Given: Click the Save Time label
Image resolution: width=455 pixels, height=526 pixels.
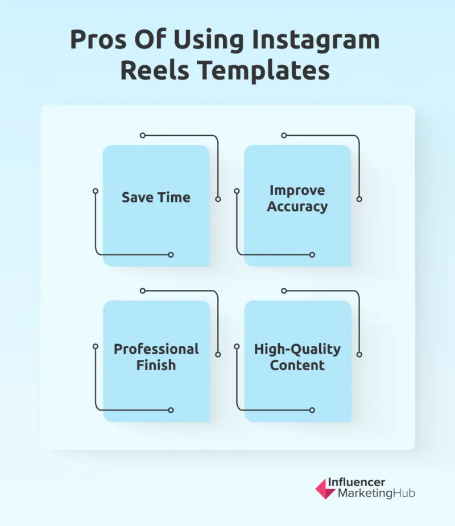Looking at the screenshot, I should [156, 197].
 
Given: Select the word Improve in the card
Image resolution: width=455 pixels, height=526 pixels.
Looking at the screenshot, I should [297, 190].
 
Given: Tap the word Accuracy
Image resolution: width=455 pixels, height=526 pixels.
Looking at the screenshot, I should [297, 206].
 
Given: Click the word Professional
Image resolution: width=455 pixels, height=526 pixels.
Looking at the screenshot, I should [156, 349].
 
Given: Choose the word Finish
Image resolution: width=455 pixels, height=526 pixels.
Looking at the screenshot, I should [156, 365].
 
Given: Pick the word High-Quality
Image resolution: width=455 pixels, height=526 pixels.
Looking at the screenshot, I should [297, 349].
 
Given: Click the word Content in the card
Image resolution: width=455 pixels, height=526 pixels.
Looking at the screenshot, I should [297, 365].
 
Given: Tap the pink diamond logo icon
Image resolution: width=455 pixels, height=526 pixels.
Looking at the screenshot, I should [325, 488].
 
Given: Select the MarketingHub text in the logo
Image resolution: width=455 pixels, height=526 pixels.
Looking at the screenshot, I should [377, 494].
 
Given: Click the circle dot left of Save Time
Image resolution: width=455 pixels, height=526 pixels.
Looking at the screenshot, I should [96, 191].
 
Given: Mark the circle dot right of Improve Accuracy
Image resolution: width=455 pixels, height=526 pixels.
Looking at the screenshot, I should [359, 199].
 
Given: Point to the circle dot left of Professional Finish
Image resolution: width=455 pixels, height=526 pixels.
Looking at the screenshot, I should [96, 346].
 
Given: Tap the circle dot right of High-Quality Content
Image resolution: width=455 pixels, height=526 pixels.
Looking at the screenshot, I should [359, 354].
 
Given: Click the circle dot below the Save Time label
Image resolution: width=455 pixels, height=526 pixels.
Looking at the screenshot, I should [171, 255].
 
